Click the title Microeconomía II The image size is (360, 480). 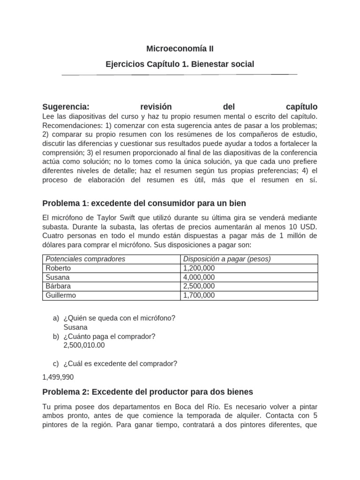pos(180,48)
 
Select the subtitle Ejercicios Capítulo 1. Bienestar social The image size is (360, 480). pos(180,64)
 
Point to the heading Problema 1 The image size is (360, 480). pos(65,203)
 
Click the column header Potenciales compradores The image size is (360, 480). pos(85,259)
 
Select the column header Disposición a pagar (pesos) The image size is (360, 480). pos(227,259)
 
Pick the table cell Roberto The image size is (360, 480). pos(58,268)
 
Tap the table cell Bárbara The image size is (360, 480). pos(58,286)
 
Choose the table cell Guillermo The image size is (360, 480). pos(61,295)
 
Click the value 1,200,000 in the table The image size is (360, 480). pos(199,268)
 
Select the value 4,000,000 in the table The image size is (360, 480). pos(199,277)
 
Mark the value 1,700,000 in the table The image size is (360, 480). pos(199,295)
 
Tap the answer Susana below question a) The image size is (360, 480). pos(75,327)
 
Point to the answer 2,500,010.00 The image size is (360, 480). pos(84,345)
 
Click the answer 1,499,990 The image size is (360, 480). pos(58,377)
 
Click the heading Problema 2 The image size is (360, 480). pos(65,391)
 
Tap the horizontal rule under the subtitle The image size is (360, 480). pos(180,75)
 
